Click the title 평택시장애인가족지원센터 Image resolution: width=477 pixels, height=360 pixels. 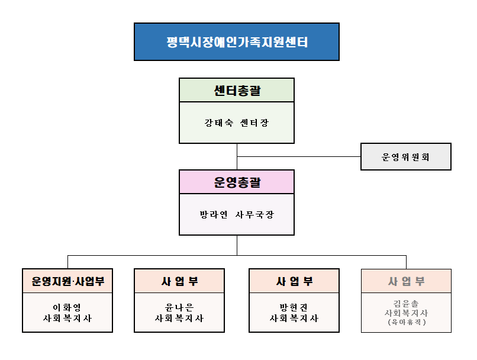click(x=237, y=42)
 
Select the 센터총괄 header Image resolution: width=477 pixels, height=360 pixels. click(x=237, y=91)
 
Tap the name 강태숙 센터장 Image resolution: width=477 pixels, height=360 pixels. click(x=237, y=123)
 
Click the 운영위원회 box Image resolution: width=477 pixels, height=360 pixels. click(x=406, y=157)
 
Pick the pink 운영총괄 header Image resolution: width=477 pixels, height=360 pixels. click(x=237, y=182)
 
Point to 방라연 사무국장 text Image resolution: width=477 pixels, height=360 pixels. click(x=237, y=214)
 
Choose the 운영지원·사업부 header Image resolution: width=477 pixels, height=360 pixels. click(x=68, y=281)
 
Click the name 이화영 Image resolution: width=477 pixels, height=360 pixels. click(x=67, y=307)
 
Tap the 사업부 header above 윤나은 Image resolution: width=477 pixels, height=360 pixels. click(x=179, y=281)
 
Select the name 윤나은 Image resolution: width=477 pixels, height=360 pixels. click(x=179, y=307)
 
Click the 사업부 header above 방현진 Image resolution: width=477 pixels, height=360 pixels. click(x=294, y=281)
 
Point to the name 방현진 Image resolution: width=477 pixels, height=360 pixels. click(x=294, y=307)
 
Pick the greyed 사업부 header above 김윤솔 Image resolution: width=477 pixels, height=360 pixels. click(x=407, y=281)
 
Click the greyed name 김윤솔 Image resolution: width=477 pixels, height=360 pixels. click(x=406, y=303)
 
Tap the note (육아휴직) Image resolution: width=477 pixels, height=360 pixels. click(x=407, y=322)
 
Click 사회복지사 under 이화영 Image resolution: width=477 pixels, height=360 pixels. click(x=67, y=319)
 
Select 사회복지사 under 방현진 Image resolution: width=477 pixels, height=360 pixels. click(x=294, y=319)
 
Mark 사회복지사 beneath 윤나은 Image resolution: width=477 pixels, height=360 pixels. click(x=179, y=319)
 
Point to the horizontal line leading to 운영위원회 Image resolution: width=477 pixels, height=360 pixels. click(x=299, y=157)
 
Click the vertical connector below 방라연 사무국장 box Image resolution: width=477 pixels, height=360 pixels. click(x=237, y=245)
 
